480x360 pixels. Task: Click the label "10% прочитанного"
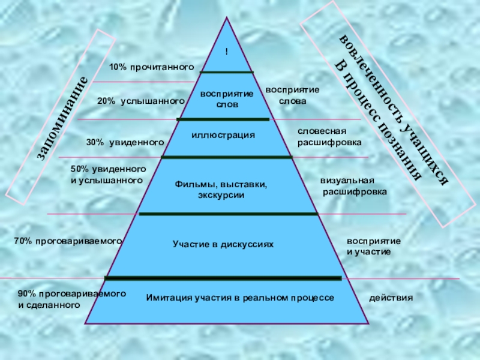152,67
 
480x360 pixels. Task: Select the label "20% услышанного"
140,102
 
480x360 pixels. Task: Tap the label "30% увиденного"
125,142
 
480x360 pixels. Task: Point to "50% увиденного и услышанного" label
108,175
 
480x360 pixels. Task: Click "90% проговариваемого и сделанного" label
71,299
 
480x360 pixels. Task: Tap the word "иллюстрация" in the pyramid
223,135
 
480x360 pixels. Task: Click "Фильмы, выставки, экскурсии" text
221,190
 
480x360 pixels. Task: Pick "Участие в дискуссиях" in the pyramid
223,245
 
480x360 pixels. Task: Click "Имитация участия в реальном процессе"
239,298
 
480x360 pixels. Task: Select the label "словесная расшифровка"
329,137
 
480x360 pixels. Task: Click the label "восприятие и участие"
373,246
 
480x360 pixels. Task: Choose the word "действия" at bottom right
391,298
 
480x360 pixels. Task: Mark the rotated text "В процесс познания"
376,120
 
